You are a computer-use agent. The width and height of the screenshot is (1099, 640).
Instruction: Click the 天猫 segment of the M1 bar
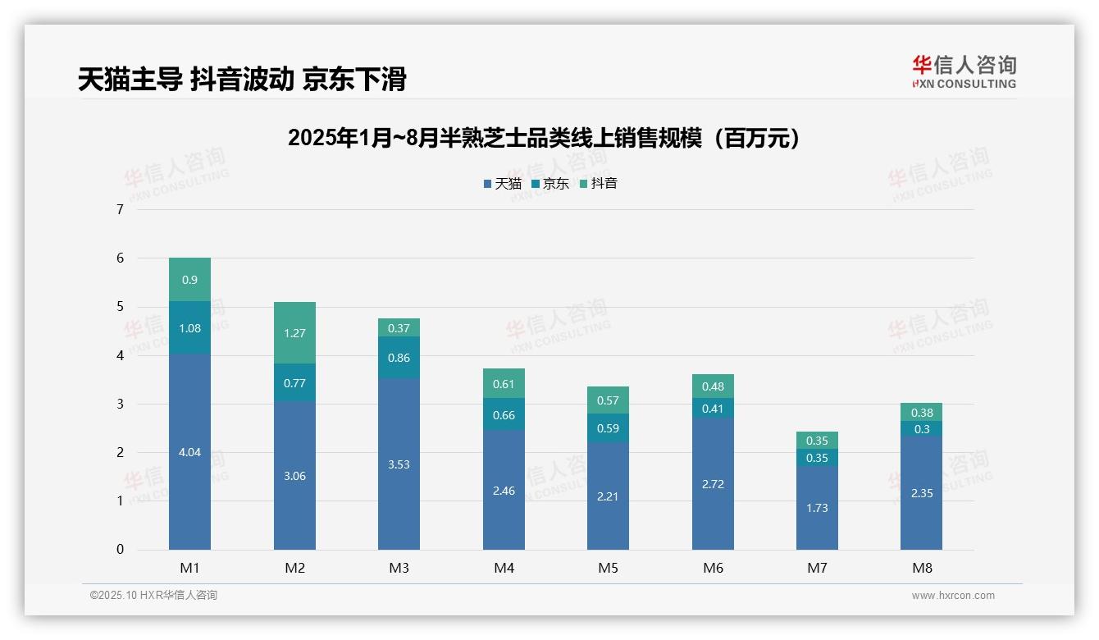[189, 451]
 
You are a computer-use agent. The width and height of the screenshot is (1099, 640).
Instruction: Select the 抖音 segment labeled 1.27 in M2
[294, 333]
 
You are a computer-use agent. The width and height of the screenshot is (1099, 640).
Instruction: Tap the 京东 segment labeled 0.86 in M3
[399, 358]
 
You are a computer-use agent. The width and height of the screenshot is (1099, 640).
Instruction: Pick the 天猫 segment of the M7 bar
[817, 508]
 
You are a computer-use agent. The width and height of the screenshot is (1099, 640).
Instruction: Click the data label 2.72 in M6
[713, 484]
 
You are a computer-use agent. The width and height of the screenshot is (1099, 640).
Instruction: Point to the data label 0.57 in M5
[608, 400]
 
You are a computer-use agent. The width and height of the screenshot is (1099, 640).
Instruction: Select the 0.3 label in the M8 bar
[921, 429]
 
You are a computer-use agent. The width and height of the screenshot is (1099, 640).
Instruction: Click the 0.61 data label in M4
[504, 384]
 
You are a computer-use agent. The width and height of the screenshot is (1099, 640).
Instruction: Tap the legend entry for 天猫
[503, 184]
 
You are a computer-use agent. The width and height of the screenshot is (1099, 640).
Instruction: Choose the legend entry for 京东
[550, 184]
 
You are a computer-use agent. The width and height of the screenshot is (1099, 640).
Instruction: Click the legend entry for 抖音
[599, 184]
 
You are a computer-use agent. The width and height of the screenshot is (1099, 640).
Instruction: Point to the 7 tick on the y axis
[120, 209]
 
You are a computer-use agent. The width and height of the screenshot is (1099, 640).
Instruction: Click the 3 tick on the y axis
[120, 404]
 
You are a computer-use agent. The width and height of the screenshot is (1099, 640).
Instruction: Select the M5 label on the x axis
[608, 568]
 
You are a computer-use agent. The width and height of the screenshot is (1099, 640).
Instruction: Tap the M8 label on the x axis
[921, 568]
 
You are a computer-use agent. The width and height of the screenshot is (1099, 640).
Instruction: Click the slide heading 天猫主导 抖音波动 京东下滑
[242, 80]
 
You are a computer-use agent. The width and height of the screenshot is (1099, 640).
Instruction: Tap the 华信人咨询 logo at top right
[964, 71]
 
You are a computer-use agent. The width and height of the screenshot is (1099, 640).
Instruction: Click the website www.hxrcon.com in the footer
[953, 596]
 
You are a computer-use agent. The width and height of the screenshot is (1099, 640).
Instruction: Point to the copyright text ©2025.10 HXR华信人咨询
[153, 596]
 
